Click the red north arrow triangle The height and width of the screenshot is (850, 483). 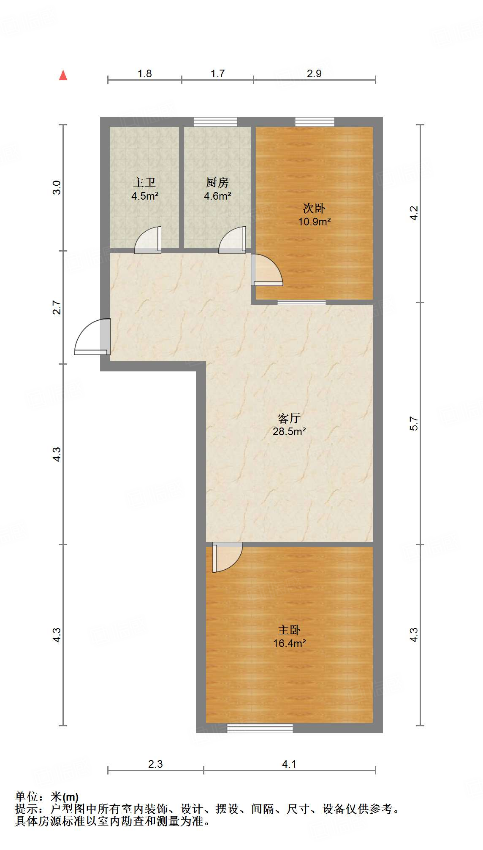pyautogui.click(x=63, y=75)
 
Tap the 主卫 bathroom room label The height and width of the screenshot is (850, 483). pyautogui.click(x=144, y=182)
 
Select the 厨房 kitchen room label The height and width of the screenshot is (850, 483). pyautogui.click(x=217, y=182)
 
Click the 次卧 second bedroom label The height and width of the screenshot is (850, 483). pyautogui.click(x=314, y=208)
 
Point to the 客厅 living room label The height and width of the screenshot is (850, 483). pyautogui.click(x=289, y=418)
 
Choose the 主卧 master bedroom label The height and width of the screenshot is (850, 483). pyautogui.click(x=289, y=630)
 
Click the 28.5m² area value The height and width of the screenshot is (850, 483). pyautogui.click(x=289, y=431)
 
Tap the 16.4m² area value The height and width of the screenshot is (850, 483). pyautogui.click(x=289, y=643)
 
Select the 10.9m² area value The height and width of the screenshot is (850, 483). pyautogui.click(x=314, y=222)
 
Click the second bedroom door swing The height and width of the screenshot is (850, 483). pyautogui.click(x=266, y=270)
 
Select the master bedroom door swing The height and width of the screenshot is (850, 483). pyautogui.click(x=227, y=556)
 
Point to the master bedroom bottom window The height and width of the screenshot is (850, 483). pyautogui.click(x=260, y=728)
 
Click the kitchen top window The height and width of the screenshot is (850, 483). pyautogui.click(x=215, y=122)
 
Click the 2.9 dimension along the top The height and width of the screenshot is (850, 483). pyautogui.click(x=314, y=73)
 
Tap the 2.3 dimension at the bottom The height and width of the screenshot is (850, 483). pyautogui.click(x=155, y=764)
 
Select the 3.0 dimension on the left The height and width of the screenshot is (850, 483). pyautogui.click(x=57, y=187)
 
